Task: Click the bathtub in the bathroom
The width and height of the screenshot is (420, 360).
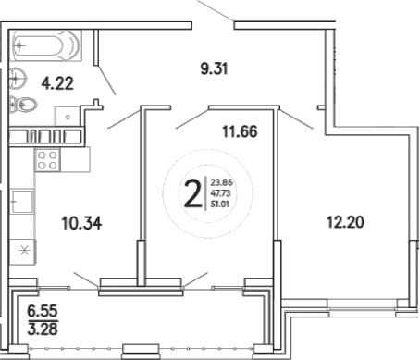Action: (x=46, y=44)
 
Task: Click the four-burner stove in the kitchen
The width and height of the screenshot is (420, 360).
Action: (x=45, y=160)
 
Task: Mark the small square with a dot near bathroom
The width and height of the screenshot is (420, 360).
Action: (x=70, y=118)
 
